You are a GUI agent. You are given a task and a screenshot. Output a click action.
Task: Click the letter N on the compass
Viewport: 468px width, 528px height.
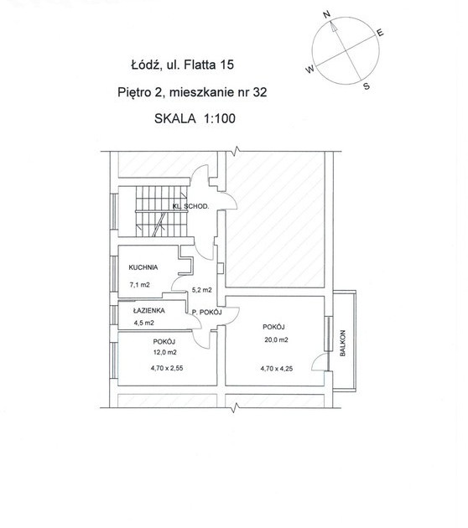click(326, 14)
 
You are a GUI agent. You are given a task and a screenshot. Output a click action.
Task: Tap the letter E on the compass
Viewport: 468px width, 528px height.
click(380, 33)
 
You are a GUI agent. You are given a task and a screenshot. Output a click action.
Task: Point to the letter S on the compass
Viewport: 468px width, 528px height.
click(367, 86)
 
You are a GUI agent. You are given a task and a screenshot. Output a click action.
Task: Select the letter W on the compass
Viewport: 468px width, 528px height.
click(309, 69)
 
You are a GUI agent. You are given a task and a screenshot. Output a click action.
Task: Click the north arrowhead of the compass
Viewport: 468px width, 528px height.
click(333, 26)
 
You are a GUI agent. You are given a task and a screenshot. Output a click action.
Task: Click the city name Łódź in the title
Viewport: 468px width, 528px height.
click(144, 65)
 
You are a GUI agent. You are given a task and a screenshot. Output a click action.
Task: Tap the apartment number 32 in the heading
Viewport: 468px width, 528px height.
click(260, 92)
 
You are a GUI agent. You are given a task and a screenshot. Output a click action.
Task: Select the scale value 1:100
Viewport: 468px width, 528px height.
click(220, 118)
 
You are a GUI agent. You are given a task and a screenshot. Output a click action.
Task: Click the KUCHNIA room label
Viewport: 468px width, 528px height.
click(143, 267)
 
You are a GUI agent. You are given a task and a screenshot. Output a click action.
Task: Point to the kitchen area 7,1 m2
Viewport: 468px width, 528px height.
click(139, 285)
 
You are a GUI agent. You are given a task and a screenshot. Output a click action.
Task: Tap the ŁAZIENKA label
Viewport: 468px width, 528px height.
click(149, 310)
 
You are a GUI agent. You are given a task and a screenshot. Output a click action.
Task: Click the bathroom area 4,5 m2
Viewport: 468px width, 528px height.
click(144, 323)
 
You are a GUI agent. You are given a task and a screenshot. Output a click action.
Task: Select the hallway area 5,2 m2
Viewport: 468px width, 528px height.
click(201, 290)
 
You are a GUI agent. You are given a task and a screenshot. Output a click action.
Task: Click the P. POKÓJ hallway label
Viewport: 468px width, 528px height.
click(207, 312)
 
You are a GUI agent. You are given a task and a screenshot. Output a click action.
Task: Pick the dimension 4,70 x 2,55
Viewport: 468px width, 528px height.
click(167, 368)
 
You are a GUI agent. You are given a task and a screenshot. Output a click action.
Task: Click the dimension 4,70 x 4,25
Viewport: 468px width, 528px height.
click(276, 369)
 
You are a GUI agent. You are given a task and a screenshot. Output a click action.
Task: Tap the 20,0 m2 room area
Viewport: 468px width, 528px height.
click(276, 339)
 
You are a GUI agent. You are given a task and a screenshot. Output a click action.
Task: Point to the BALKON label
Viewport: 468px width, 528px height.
click(343, 343)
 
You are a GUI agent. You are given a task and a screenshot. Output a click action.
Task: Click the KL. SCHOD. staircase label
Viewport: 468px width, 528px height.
click(190, 206)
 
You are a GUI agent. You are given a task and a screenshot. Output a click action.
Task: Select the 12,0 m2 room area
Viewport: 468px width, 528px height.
click(164, 353)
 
